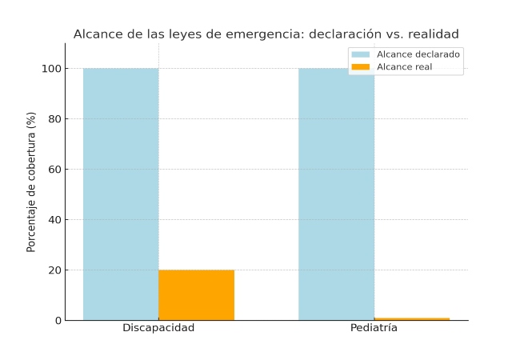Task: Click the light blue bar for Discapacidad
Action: [x=121, y=194]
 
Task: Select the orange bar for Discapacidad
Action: [x=196, y=294]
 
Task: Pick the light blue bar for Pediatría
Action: [x=336, y=194]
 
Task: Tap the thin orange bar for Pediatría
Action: [x=411, y=318]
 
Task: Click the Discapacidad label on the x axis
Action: [x=158, y=328]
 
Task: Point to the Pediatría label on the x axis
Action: [x=374, y=328]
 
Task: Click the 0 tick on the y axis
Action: [x=58, y=321]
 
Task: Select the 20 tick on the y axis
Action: [x=54, y=270]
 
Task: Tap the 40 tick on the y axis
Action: [x=54, y=220]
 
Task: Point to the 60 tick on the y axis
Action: [x=54, y=170]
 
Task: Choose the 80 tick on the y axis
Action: [x=54, y=119]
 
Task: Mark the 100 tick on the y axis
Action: [x=52, y=69]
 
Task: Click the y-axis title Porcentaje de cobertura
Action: [x=32, y=182]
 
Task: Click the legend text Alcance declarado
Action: [x=418, y=54]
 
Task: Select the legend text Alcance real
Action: [x=404, y=66]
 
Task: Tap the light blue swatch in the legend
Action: [x=361, y=54]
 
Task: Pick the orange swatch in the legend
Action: [x=361, y=66]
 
